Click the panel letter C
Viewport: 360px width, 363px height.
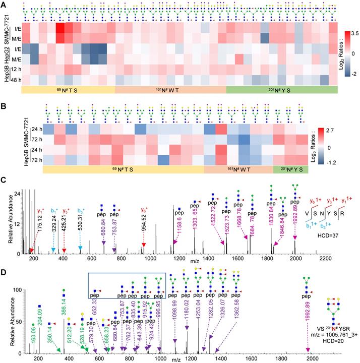(4, 179)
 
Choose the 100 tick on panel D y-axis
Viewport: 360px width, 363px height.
(13, 290)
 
